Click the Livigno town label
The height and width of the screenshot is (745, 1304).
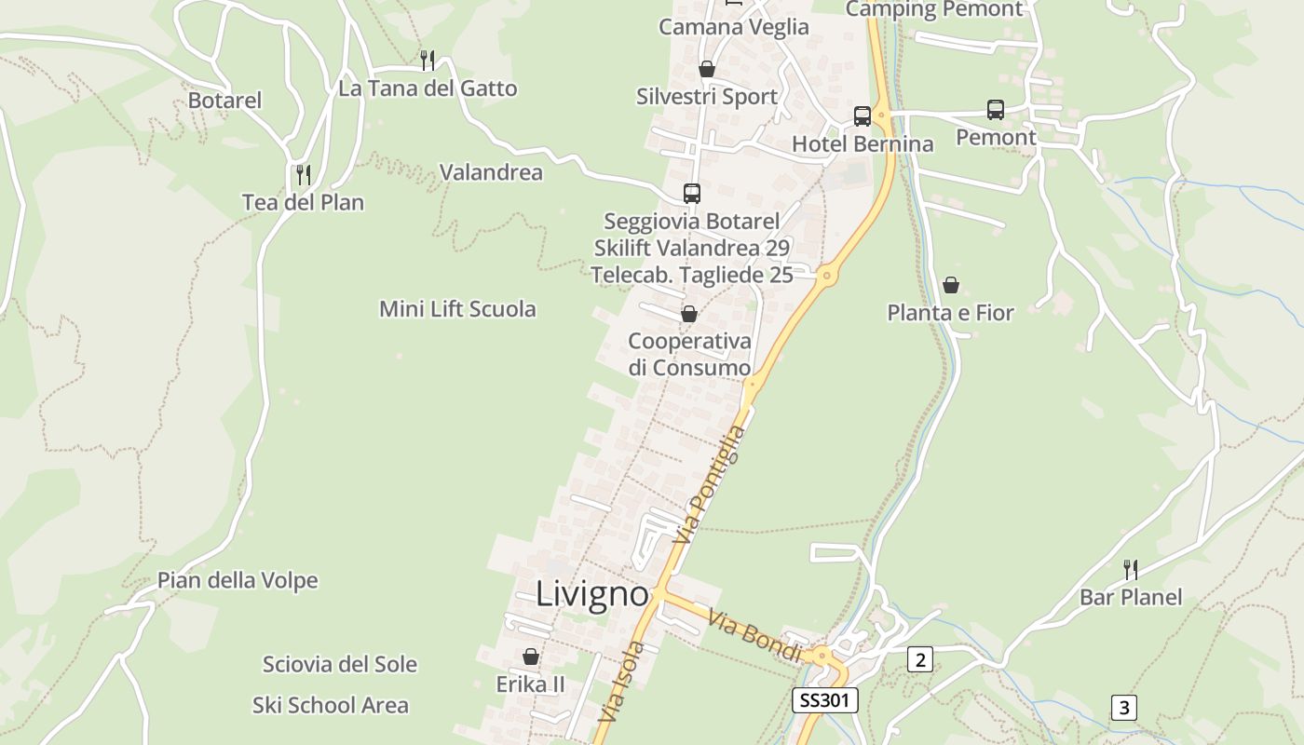(x=591, y=594)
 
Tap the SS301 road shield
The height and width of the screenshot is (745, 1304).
(x=824, y=700)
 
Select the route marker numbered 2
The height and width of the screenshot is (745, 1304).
(x=920, y=660)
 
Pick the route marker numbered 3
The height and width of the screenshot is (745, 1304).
(x=1123, y=708)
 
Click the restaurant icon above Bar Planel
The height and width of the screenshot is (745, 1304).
(x=1130, y=568)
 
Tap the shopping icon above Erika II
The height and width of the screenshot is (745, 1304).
(x=531, y=657)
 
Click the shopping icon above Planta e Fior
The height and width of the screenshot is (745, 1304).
(x=950, y=284)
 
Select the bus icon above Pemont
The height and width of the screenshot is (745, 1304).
(x=996, y=110)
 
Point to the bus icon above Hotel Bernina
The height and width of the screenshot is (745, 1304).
(x=863, y=116)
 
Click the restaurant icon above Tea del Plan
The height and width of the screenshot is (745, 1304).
(x=303, y=174)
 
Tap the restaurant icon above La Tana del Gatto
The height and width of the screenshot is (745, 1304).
(x=428, y=61)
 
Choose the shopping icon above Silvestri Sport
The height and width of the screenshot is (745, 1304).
(x=707, y=69)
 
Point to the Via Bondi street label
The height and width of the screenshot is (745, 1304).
(x=755, y=635)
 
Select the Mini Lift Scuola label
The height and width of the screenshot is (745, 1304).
(x=457, y=309)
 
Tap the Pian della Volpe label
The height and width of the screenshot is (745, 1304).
(x=238, y=580)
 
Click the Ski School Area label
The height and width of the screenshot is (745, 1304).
(x=331, y=705)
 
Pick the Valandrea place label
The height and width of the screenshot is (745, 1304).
(x=491, y=172)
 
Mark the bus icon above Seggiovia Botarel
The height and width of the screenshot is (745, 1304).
(x=691, y=194)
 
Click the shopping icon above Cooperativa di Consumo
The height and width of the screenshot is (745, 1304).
(x=689, y=314)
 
